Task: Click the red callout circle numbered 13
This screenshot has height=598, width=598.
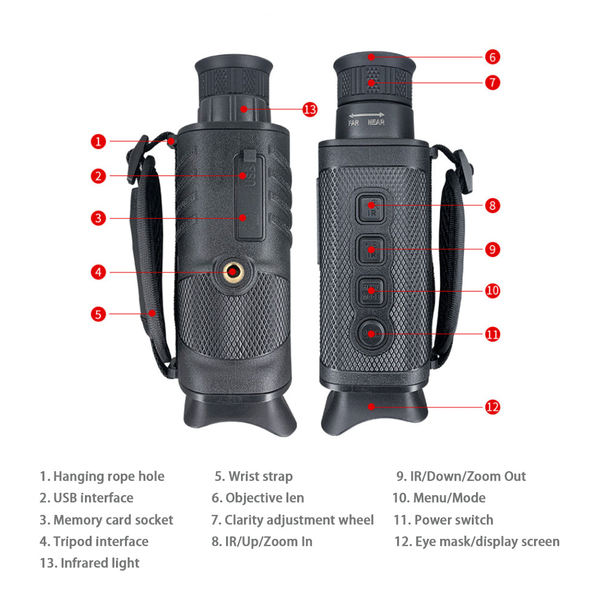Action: click(310, 109)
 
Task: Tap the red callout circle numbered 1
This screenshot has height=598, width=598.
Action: click(98, 142)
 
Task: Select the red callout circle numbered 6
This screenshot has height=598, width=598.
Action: click(492, 57)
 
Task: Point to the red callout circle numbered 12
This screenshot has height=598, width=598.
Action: click(492, 407)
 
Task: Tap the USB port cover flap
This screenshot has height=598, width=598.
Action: click(249, 196)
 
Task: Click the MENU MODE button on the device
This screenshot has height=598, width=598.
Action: click(371, 292)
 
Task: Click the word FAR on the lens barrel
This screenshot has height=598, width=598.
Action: click(353, 123)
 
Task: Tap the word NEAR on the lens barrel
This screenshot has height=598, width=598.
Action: click(376, 122)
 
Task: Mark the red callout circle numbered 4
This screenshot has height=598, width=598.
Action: click(98, 272)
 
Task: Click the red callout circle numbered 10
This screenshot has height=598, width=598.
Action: click(492, 291)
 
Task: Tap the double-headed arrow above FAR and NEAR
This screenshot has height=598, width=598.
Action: click(367, 114)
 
